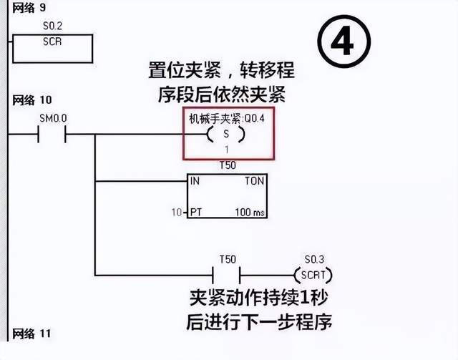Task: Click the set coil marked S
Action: [226, 135]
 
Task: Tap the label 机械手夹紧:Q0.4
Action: [226, 118]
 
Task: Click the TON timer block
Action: [226, 196]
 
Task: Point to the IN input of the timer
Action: [195, 181]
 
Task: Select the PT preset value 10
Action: [176, 213]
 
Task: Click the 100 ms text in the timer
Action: [249, 213]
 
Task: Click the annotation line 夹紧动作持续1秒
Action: [262, 297]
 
